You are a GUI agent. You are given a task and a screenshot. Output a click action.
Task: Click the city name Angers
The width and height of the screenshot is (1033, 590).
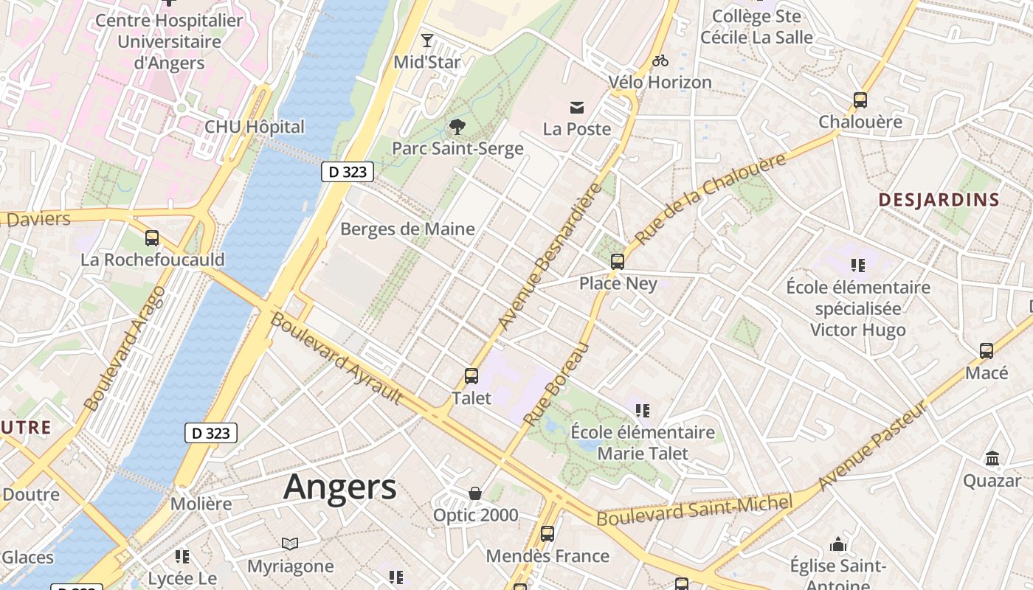(339, 487)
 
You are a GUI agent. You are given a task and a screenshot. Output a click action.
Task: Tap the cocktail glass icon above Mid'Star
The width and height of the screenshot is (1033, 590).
(427, 41)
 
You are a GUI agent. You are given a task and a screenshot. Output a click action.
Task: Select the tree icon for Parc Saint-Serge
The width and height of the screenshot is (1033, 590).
(457, 127)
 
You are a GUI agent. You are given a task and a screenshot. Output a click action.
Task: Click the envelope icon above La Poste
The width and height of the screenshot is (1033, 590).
(577, 108)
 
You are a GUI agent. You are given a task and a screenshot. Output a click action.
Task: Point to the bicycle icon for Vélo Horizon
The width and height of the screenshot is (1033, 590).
(660, 60)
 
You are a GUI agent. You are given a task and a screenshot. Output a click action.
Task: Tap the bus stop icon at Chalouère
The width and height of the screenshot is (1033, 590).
(860, 100)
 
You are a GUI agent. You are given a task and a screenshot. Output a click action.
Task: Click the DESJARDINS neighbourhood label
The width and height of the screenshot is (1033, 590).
(939, 199)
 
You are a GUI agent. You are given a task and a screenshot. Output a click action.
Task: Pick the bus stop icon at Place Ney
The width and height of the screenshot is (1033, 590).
(618, 261)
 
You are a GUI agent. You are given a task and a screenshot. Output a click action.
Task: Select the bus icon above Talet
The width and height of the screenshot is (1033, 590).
(471, 376)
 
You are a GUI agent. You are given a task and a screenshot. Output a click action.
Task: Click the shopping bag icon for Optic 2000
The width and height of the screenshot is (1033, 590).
(475, 493)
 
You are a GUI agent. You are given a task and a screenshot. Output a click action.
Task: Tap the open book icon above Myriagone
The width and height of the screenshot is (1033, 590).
(290, 544)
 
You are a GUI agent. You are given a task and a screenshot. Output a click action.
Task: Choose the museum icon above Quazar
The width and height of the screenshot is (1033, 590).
(992, 459)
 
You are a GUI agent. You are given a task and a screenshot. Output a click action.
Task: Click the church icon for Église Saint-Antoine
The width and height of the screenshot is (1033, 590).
(837, 545)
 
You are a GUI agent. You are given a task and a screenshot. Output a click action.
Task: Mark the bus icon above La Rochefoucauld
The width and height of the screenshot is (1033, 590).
(152, 238)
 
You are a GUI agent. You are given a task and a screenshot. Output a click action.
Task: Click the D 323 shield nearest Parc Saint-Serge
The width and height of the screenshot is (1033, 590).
(348, 172)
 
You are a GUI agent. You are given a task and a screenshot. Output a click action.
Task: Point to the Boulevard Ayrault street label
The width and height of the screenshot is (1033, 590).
(336, 358)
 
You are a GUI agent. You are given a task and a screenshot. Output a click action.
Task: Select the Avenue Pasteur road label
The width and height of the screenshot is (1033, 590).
(872, 445)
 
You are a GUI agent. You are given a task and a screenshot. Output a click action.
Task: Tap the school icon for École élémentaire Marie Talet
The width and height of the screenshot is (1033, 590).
(642, 410)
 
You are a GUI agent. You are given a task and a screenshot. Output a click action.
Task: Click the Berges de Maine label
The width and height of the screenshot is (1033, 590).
(407, 229)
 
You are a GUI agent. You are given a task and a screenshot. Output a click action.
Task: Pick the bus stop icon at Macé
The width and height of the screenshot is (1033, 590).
(987, 351)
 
